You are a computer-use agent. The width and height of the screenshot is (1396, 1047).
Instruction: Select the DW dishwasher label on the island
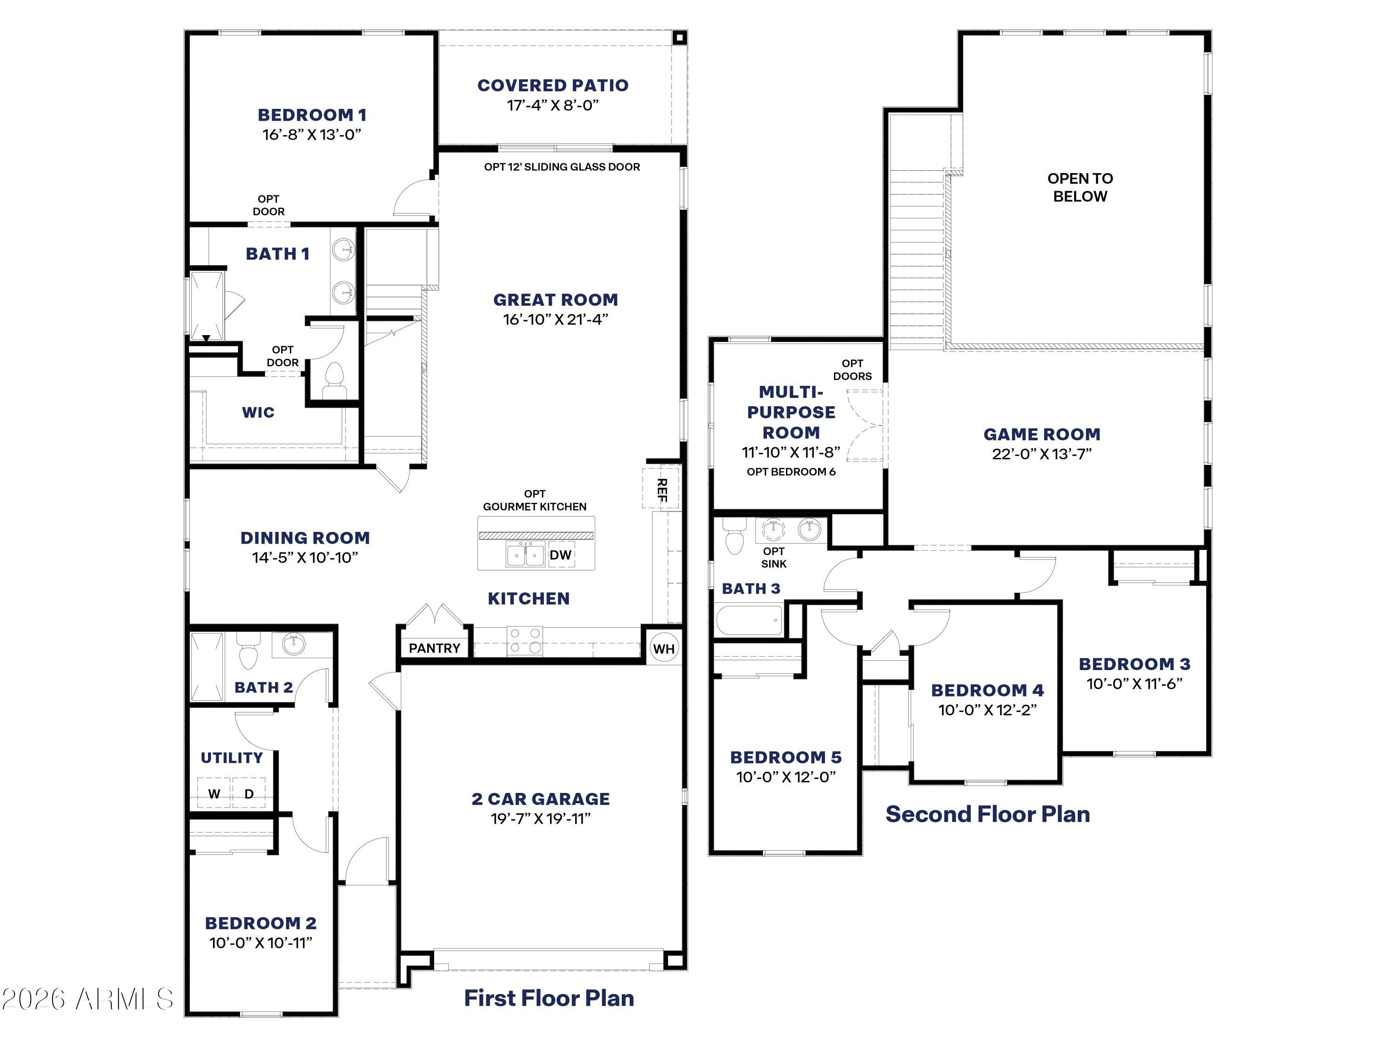pyautogui.click(x=560, y=555)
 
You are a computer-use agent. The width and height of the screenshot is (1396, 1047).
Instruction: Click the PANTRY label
pyautogui.click(x=434, y=648)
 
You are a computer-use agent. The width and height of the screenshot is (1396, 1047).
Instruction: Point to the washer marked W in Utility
pyautogui.click(x=214, y=794)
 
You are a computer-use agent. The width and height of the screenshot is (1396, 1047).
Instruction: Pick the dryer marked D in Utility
pyautogui.click(x=248, y=794)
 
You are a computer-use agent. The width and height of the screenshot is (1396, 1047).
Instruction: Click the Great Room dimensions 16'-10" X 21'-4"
pyautogui.click(x=555, y=319)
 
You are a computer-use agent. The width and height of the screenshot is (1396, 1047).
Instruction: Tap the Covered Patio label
pyautogui.click(x=553, y=85)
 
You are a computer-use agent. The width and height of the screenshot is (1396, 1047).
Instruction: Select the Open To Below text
pyautogui.click(x=1080, y=188)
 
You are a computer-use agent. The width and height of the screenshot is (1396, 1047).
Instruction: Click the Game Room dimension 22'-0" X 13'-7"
pyautogui.click(x=1041, y=454)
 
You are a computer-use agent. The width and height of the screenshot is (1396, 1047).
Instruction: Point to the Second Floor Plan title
pyautogui.click(x=988, y=814)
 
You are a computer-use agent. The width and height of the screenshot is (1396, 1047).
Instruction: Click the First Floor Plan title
pyautogui.click(x=549, y=998)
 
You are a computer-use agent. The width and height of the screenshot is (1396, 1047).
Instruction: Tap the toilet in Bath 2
pyautogui.click(x=248, y=653)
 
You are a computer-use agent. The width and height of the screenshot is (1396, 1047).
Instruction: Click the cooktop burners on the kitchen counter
pyautogui.click(x=525, y=640)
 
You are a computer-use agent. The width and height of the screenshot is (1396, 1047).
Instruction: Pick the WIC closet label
pyautogui.click(x=258, y=412)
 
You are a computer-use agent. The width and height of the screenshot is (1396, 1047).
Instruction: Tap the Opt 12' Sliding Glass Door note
pyautogui.click(x=562, y=167)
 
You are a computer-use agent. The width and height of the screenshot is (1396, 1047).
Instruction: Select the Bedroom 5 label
pyautogui.click(x=786, y=757)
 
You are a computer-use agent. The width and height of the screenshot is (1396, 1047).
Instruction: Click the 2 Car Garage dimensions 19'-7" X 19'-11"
pyautogui.click(x=541, y=819)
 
